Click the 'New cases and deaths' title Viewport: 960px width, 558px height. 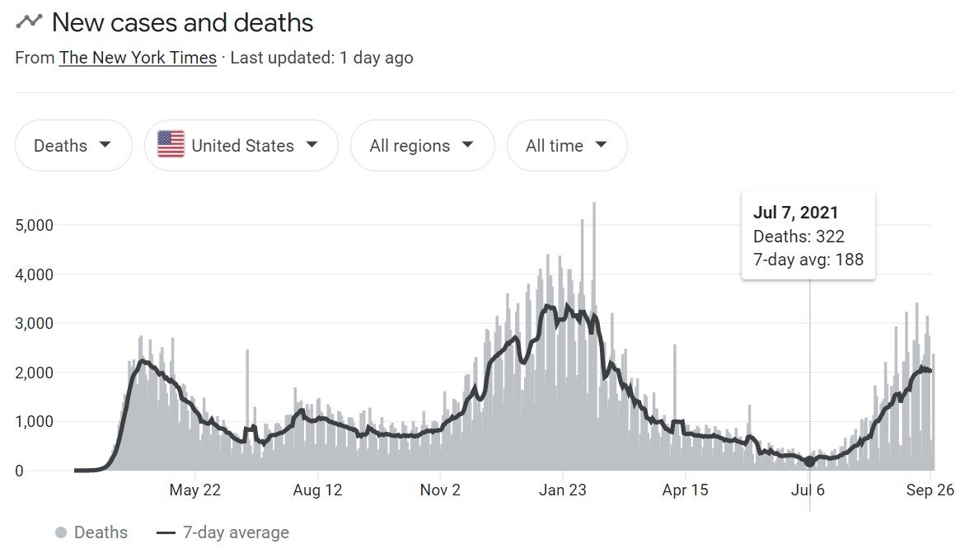click(x=182, y=22)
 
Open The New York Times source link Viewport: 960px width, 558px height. click(x=138, y=58)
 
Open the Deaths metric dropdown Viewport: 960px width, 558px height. click(x=73, y=146)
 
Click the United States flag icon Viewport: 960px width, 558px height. click(x=171, y=144)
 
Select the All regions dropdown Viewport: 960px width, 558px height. click(x=422, y=146)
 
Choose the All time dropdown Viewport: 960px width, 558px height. click(x=566, y=146)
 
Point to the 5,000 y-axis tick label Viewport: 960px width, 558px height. click(x=35, y=225)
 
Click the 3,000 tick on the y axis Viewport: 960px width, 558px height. click(x=35, y=323)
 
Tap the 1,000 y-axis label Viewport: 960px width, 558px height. click(x=35, y=421)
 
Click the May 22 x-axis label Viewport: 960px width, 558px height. click(x=195, y=490)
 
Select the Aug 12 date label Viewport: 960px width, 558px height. click(x=317, y=490)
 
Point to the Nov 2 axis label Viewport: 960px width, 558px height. click(x=440, y=490)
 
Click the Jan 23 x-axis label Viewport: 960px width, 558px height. click(x=563, y=490)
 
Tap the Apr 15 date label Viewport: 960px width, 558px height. click(x=686, y=490)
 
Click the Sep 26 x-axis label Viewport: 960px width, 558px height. click(x=930, y=490)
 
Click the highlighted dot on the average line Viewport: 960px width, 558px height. click(x=809, y=462)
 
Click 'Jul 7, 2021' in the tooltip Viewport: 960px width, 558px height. click(x=795, y=213)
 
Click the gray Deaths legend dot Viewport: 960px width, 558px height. click(x=61, y=532)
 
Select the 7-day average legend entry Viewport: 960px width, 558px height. click(x=222, y=532)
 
